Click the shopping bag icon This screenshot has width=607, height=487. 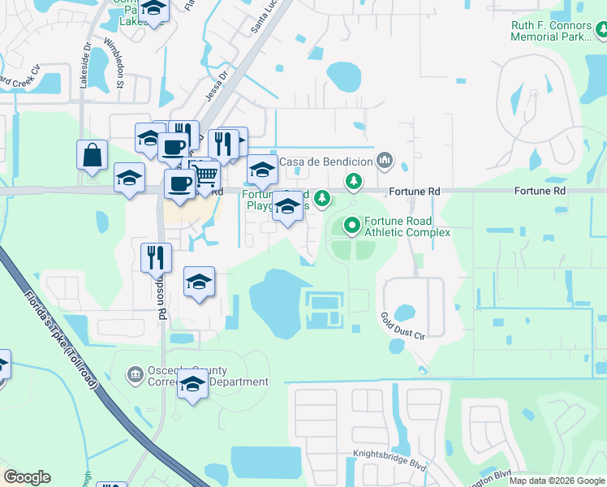pos(93,154)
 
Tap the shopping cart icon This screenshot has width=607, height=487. pos(206,174)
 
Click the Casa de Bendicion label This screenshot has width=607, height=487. pos(326,162)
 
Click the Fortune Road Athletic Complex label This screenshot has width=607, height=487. pos(407,226)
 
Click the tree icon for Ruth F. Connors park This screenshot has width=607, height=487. pos(601,32)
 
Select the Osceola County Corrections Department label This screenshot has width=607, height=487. pos(207,377)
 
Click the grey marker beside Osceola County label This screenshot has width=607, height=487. pos(135,373)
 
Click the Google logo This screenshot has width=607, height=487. pos(27,477)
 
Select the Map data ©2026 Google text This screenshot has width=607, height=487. pos(557,481)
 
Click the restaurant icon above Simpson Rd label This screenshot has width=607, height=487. pos(156,258)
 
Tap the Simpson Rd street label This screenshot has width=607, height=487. pos(161,298)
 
